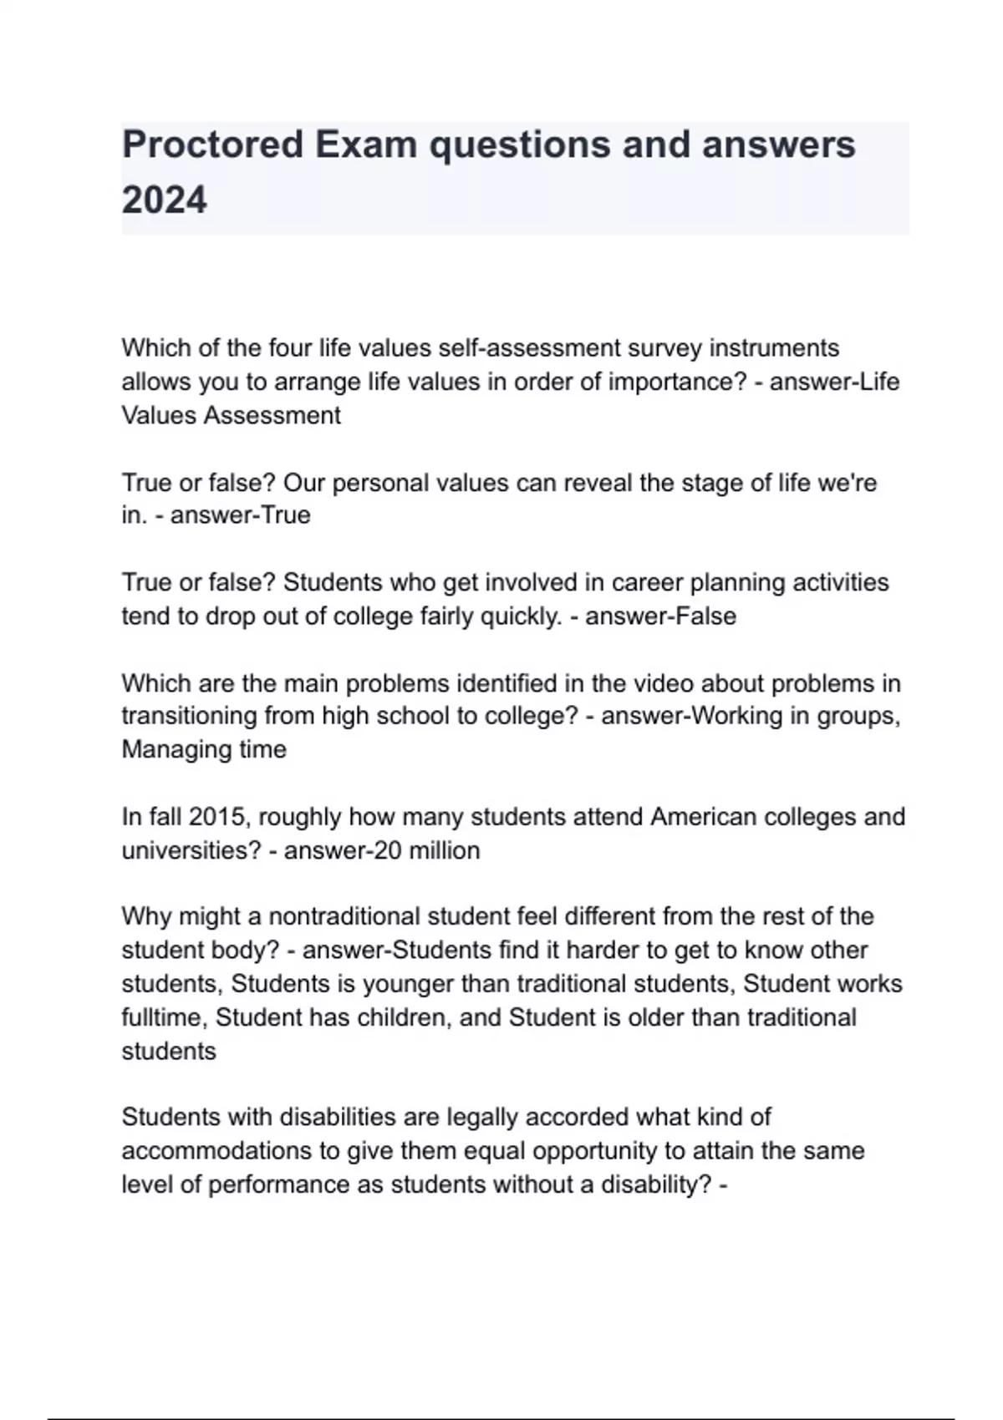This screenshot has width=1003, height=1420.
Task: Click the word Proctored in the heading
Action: pos(212,145)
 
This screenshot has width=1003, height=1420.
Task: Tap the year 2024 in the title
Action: pos(164,200)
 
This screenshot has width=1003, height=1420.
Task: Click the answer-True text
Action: pos(241,515)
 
